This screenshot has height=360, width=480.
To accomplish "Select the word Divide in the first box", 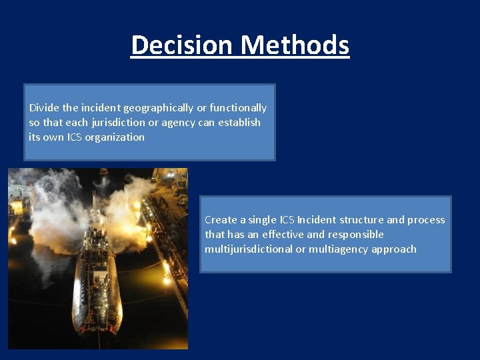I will pos(43,107).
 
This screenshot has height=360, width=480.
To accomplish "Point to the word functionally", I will pos(238,107).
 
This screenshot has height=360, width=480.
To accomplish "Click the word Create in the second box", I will pos(220,219).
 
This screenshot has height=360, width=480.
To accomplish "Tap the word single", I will pos(264,219).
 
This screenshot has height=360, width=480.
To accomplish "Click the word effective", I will pos(267,234).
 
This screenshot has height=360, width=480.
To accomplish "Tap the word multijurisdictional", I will pos(249,249).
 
